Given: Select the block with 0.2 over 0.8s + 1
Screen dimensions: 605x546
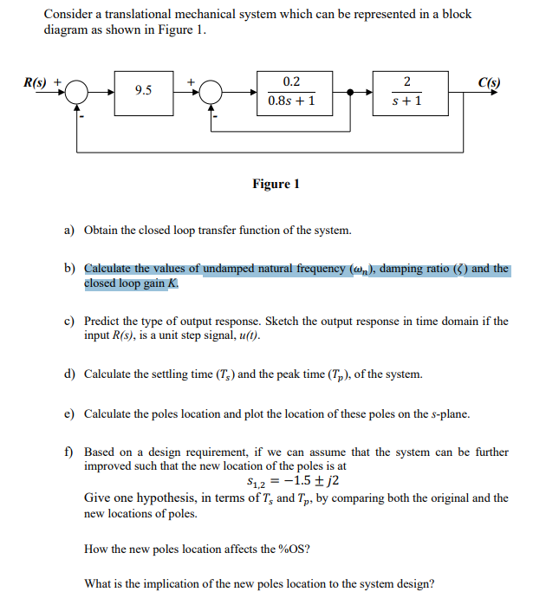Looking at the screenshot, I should click(x=292, y=91).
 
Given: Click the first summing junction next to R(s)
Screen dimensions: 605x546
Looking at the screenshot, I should click(x=77, y=91).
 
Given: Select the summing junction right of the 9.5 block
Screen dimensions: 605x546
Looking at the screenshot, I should click(x=211, y=91).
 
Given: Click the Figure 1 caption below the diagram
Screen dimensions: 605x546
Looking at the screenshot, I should click(x=276, y=184).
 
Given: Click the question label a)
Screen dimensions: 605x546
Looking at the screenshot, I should click(x=68, y=231).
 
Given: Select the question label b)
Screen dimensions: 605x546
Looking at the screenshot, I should click(x=68, y=270).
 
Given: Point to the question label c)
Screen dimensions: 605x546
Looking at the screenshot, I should click(x=68, y=322).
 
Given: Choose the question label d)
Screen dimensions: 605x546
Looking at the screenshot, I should click(x=68, y=374).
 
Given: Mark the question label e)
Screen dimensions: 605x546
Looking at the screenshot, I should click(x=68, y=413).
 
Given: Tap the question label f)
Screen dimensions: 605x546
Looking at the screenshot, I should click(x=68, y=452).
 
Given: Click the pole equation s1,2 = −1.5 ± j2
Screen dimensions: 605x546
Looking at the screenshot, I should click(x=286, y=482).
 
